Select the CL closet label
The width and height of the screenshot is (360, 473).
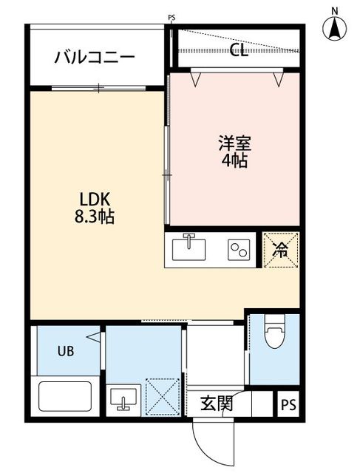(237, 50)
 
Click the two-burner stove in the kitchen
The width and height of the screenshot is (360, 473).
(237, 250)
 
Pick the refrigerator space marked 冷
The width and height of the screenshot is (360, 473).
(282, 250)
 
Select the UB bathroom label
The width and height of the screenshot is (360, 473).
(67, 351)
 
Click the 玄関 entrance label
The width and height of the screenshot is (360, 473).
(217, 404)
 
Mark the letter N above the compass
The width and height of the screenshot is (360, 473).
(334, 10)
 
